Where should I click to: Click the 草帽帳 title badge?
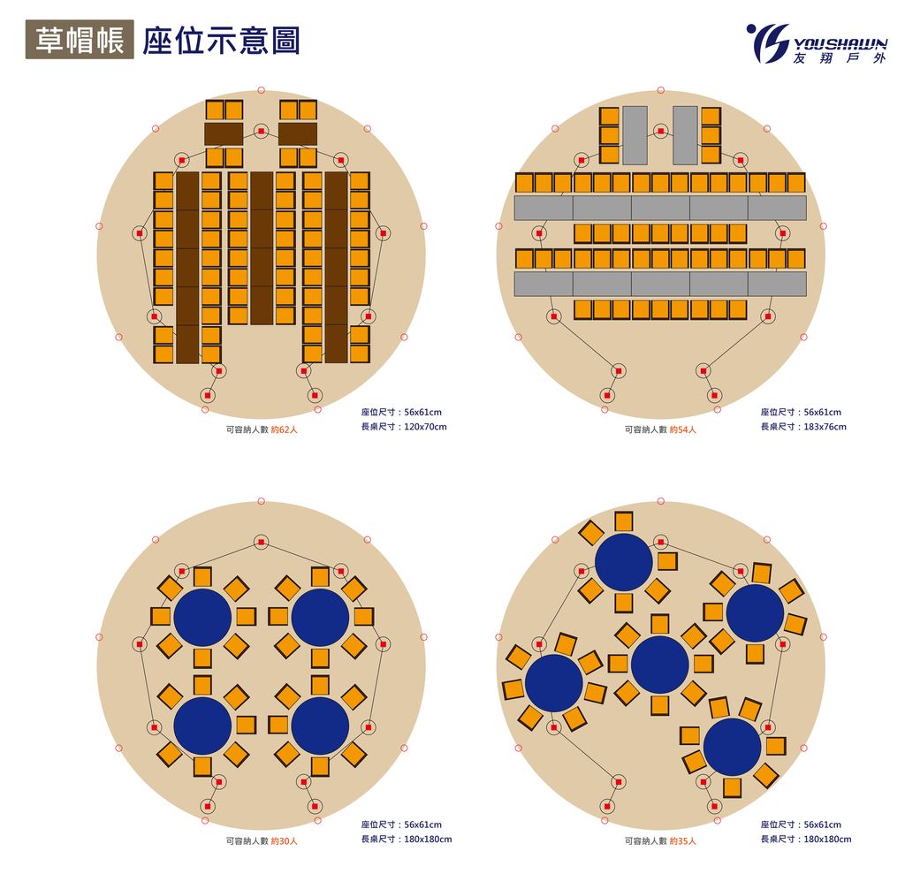click(80, 40)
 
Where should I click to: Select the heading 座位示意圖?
click(221, 40)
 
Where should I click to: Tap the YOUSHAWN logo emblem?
click(767, 42)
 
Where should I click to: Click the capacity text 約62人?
click(285, 430)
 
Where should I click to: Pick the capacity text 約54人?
click(682, 430)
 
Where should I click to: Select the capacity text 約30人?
click(285, 841)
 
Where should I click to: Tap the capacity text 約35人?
click(682, 841)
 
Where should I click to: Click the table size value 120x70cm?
click(424, 427)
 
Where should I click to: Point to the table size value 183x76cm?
click(824, 427)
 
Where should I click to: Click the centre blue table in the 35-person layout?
click(660, 665)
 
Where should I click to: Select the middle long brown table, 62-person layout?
click(261, 248)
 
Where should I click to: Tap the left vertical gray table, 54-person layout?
click(635, 135)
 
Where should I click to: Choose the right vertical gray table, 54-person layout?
click(685, 135)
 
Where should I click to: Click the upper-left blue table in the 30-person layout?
click(202, 617)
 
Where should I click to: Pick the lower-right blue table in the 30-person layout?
click(320, 726)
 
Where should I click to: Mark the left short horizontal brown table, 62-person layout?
click(224, 133)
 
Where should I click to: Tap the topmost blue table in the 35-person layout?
click(623, 562)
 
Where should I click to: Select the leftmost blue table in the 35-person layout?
click(554, 682)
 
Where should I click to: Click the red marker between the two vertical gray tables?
click(660, 132)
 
